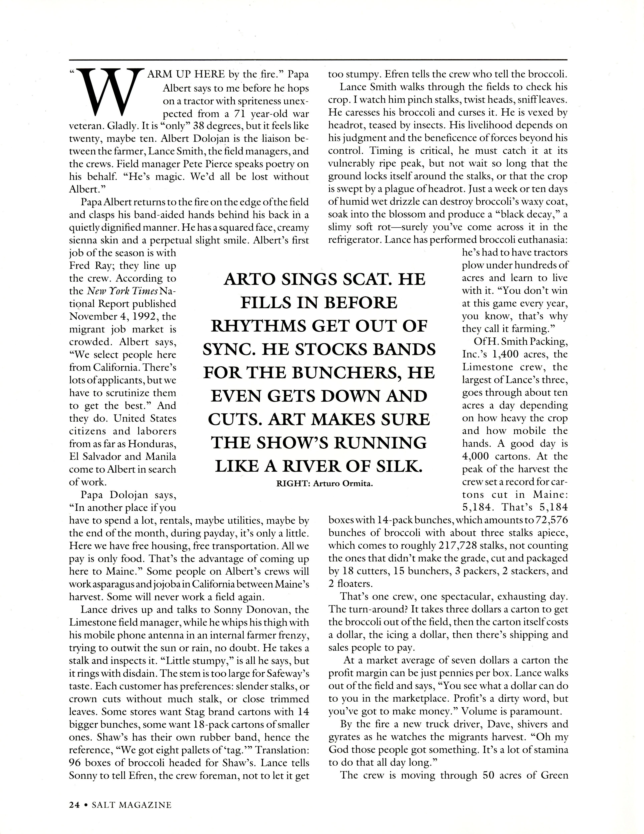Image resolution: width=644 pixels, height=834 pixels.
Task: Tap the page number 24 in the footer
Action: tap(74, 805)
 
